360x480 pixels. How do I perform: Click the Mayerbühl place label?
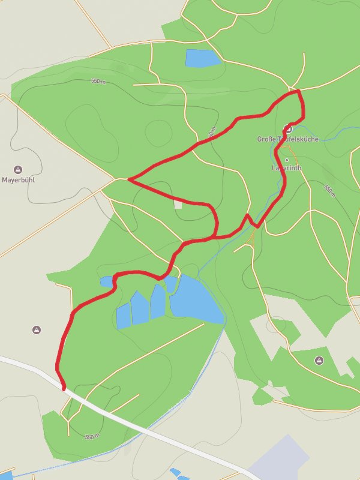click(x=20, y=179)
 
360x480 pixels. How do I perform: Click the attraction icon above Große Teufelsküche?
click(x=288, y=128)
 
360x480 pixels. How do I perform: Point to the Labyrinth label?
click(x=287, y=169)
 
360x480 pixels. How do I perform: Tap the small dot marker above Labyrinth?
click(x=287, y=160)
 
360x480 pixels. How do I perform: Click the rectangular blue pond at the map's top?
click(x=202, y=58)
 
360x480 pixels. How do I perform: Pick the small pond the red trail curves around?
click(x=107, y=281)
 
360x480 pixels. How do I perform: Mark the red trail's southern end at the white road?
click(x=63, y=388)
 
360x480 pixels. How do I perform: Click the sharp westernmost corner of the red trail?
click(x=129, y=179)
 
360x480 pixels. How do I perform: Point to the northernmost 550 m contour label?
click(x=98, y=81)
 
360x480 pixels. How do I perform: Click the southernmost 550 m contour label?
click(x=91, y=436)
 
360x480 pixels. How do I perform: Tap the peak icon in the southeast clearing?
click(x=319, y=360)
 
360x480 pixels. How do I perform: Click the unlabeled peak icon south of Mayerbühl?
click(x=37, y=329)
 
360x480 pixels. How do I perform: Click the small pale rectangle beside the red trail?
click(x=178, y=205)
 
